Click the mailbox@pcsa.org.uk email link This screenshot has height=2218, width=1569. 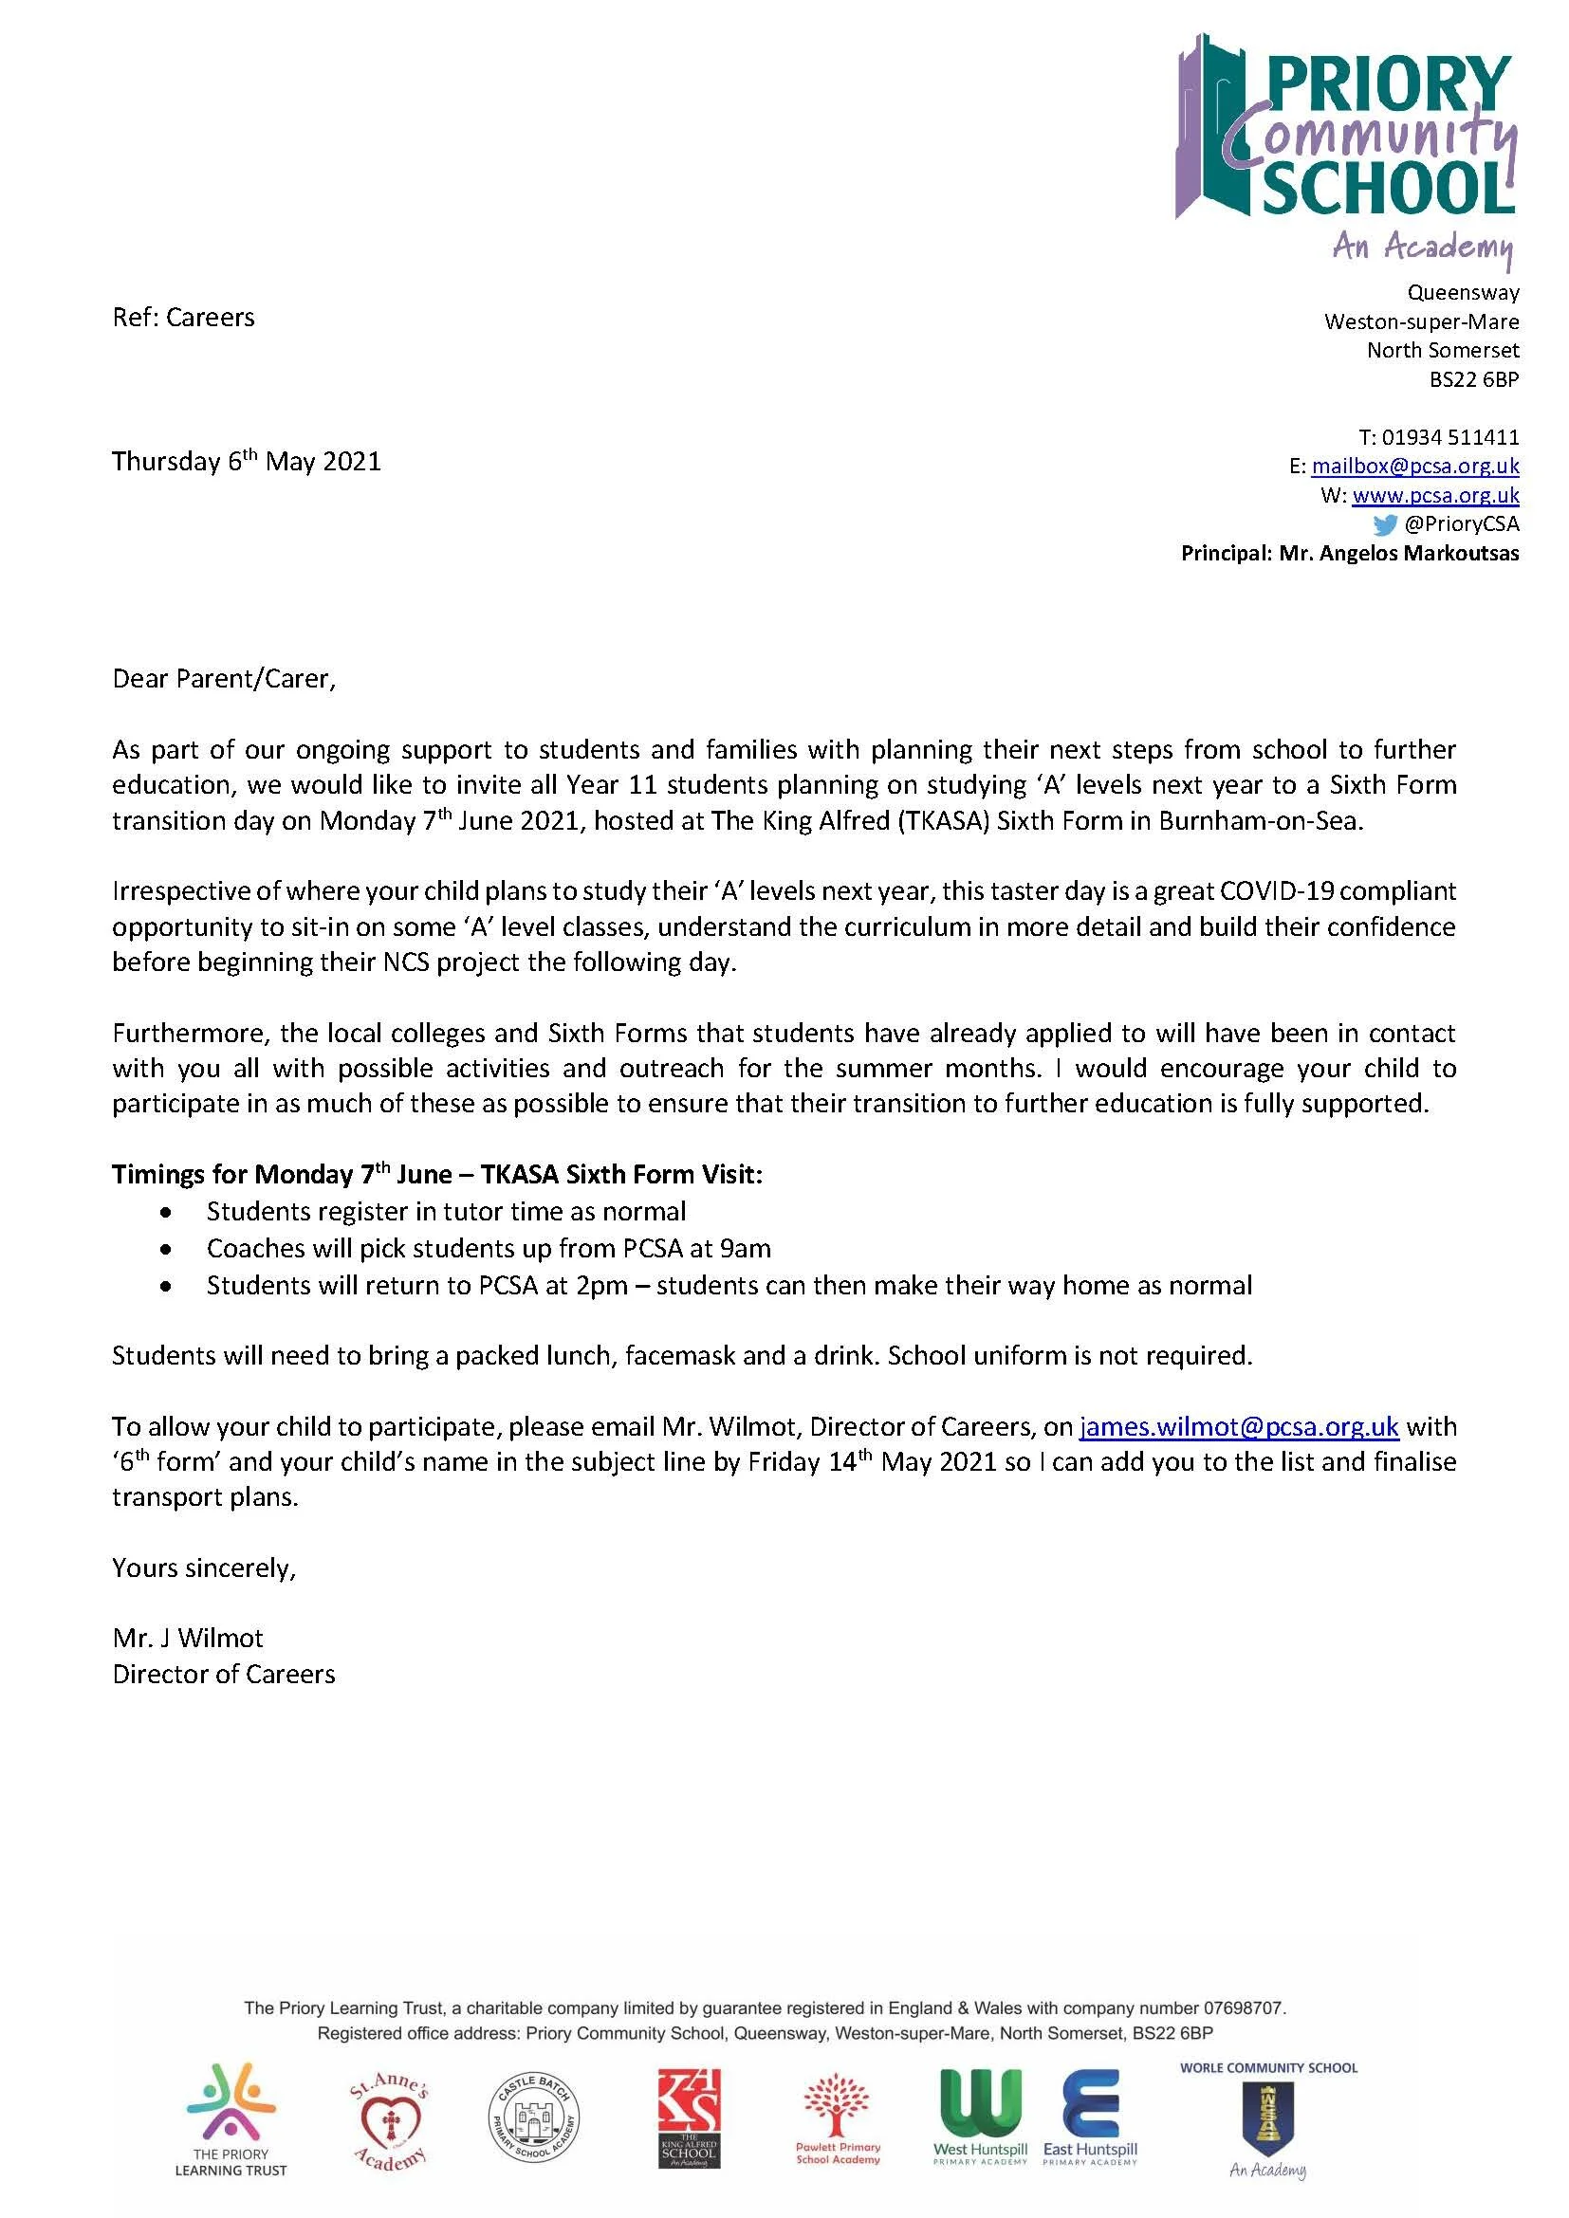tap(1414, 466)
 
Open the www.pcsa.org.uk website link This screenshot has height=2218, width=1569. tap(1434, 495)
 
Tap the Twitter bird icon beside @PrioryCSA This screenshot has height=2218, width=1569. tap(1384, 524)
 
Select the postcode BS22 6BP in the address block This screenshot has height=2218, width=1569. tap(1473, 379)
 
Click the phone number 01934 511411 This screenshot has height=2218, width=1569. tap(1450, 436)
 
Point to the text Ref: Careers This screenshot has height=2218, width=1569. tap(184, 318)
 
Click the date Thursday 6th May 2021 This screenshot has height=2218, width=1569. tap(247, 461)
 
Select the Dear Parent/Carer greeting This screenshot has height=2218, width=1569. tap(224, 679)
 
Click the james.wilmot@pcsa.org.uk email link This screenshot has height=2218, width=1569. tap(1239, 1427)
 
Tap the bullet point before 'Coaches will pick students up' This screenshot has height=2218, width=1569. tap(168, 1249)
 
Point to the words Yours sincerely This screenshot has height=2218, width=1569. tap(204, 1567)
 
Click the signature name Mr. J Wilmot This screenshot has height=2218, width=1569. tap(188, 1639)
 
